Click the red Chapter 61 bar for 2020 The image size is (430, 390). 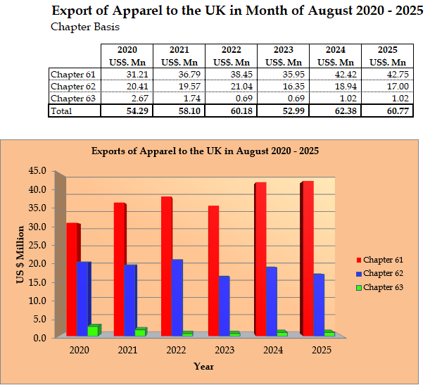point(72,279)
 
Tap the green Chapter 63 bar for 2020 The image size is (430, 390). point(93,331)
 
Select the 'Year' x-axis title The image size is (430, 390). point(204,366)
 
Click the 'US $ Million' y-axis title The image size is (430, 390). point(20,255)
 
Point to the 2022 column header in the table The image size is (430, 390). point(231,51)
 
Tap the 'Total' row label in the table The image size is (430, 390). point(61,111)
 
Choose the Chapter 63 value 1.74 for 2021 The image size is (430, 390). point(179,99)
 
